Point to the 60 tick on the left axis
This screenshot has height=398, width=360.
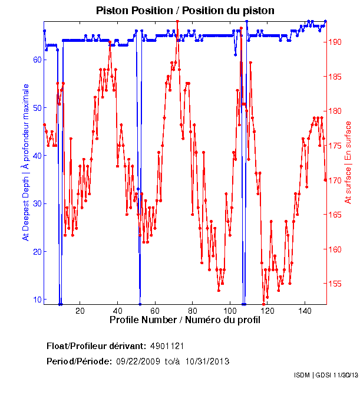click(37, 60)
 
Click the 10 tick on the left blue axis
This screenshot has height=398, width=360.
click(37, 300)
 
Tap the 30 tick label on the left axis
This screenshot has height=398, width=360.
click(37, 203)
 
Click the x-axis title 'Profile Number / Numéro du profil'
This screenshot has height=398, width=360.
click(184, 321)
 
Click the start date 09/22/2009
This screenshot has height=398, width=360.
click(137, 361)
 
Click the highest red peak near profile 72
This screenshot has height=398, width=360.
click(177, 22)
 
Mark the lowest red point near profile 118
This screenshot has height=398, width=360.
click(263, 303)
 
